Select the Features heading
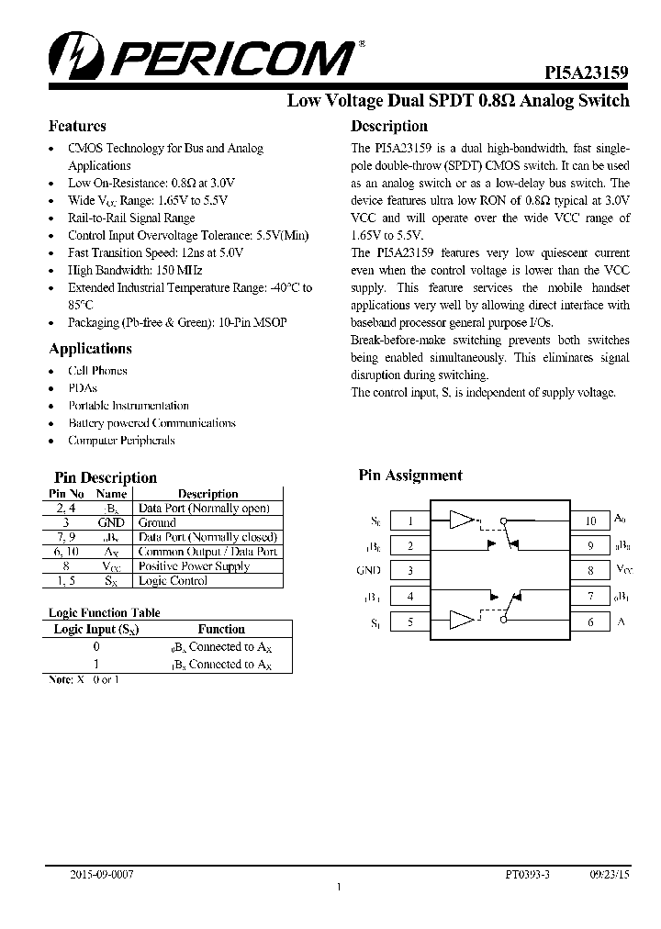pos(77,126)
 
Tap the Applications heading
pos(90,349)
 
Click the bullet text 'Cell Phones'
pos(97,371)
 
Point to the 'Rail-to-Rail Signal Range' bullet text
pos(131,218)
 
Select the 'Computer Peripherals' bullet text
pos(121,441)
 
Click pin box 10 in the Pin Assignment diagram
pos(590,520)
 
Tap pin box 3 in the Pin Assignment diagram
pos(409,571)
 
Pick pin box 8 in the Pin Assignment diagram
pos(590,571)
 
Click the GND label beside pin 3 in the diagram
pos(368,571)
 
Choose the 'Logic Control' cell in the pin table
pos(173,581)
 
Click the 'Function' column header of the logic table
pos(221,629)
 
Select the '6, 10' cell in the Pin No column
pos(66,552)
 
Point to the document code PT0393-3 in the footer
pos(527,876)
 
